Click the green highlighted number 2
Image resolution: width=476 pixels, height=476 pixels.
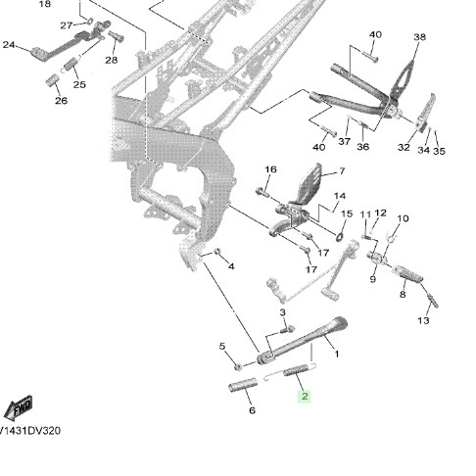tap(305, 397)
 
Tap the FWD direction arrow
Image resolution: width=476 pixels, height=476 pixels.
tap(18, 407)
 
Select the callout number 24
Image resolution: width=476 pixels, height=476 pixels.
tap(9, 44)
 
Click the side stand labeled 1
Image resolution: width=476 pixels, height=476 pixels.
tap(302, 340)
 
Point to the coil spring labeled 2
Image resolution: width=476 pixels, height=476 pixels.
tap(296, 370)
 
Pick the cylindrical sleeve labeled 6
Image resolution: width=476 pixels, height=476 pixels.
tap(243, 385)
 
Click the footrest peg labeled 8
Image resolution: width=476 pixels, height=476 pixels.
tap(406, 273)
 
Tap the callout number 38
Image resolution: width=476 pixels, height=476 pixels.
tap(420, 37)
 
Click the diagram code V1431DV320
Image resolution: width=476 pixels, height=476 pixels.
tap(30, 431)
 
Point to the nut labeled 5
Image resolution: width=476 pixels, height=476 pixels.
tap(238, 366)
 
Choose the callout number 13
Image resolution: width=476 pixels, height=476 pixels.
tap(423, 320)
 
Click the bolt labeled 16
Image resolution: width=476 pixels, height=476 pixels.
tap(262, 192)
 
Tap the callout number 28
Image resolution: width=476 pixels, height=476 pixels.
tap(112, 60)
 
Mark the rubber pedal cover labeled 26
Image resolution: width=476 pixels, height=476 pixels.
tap(53, 80)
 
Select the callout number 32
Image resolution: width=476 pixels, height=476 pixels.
tap(404, 147)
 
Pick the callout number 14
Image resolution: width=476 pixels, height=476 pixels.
tap(340, 196)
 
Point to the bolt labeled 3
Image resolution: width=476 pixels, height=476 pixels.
tap(288, 330)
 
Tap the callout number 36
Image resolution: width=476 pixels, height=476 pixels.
tap(362, 147)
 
